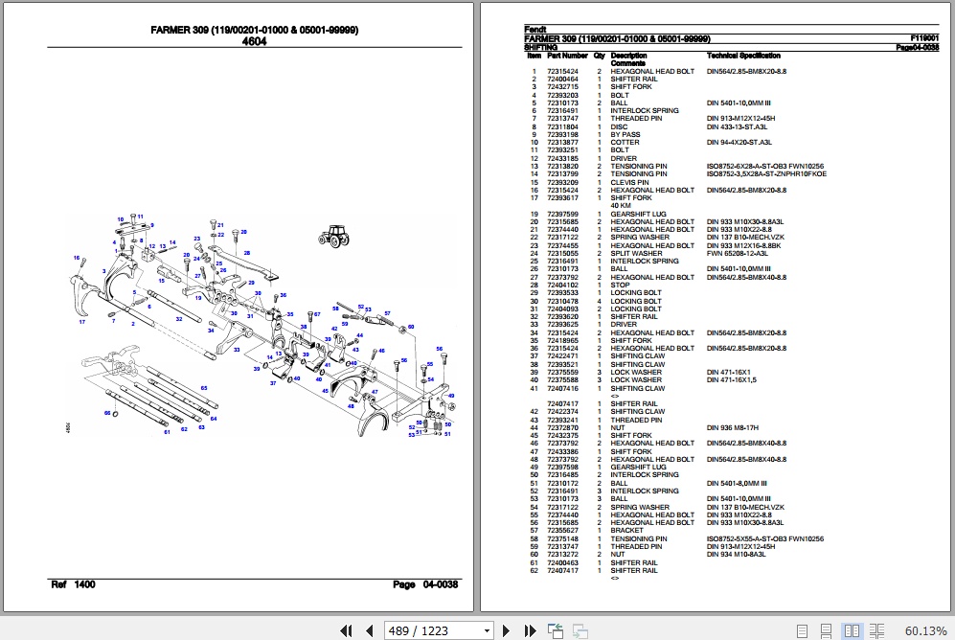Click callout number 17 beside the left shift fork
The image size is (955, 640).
82,322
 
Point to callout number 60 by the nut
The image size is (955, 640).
411,328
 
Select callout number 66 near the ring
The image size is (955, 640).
107,412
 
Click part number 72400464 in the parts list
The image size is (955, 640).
562,80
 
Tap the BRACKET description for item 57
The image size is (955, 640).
627,531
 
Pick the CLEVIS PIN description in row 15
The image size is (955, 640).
629,182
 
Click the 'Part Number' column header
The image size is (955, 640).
567,57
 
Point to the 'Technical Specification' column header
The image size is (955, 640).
743,57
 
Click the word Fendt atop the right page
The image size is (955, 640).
534,30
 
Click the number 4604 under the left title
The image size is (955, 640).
254,41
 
